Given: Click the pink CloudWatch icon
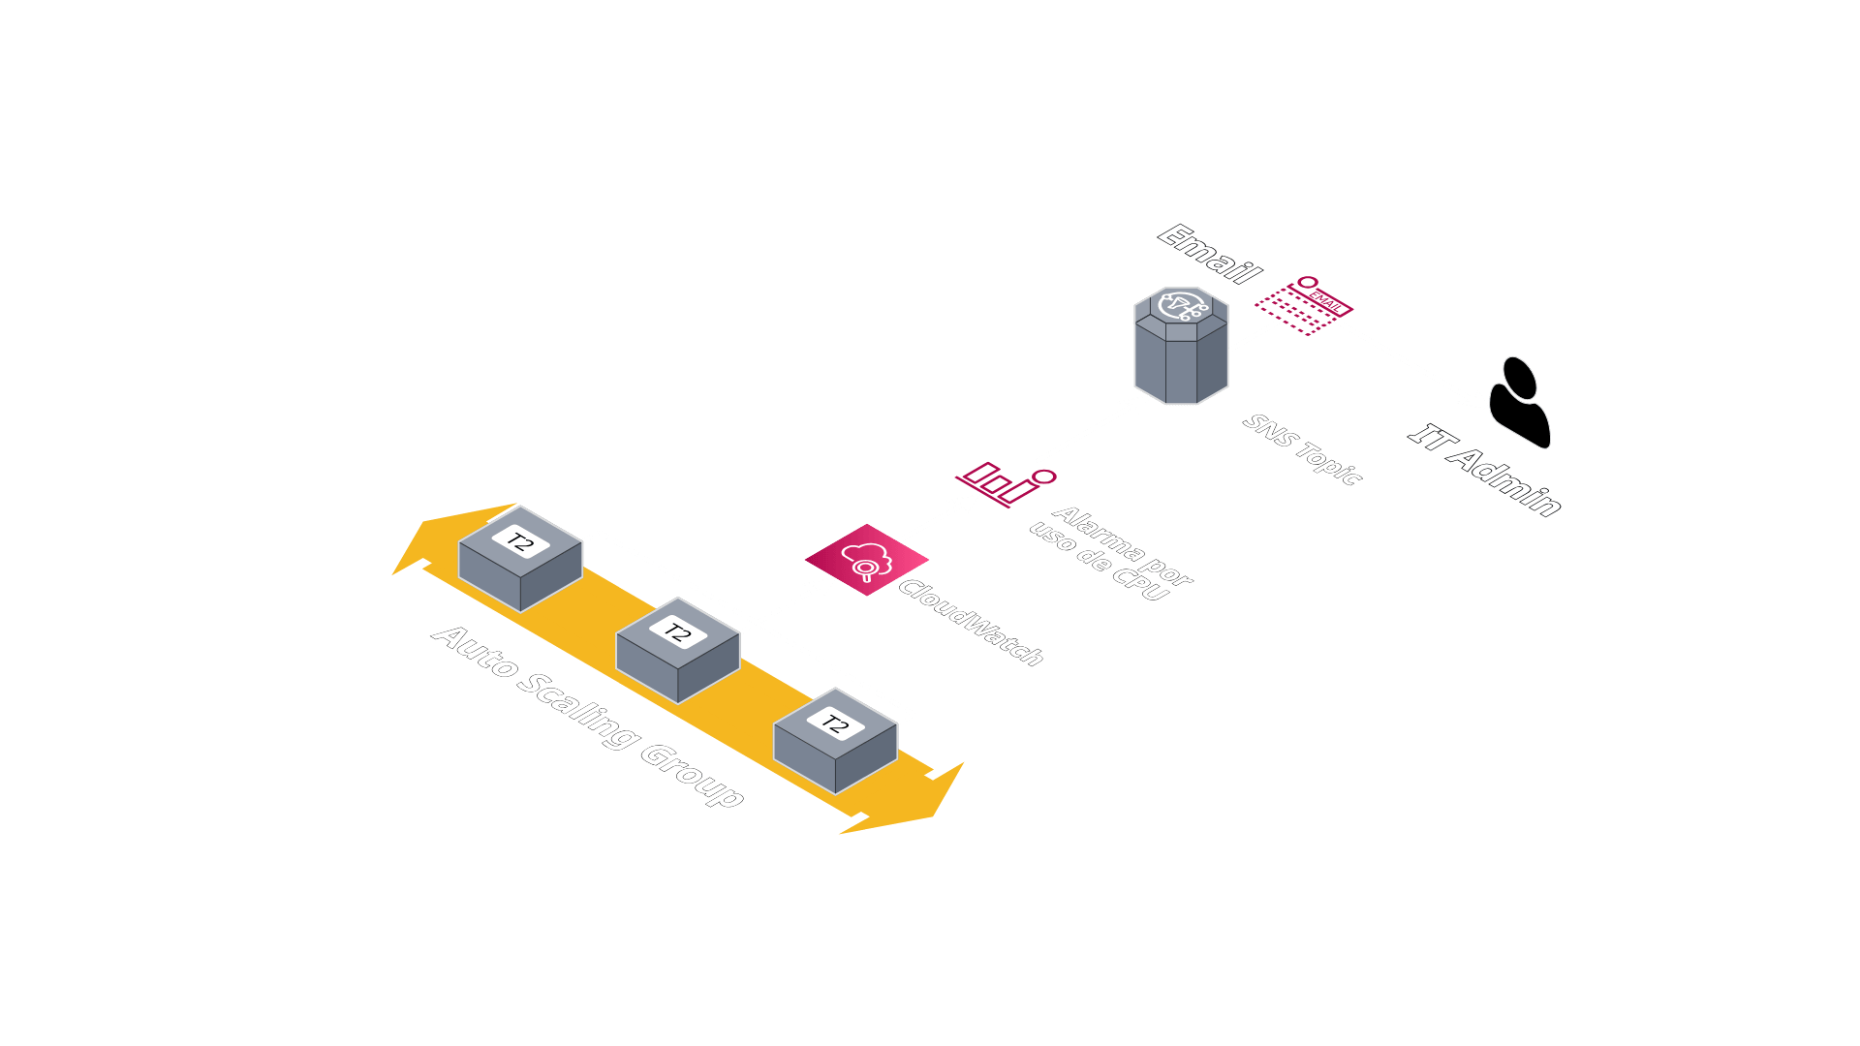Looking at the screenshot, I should (866, 560).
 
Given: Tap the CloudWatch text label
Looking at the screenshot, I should (971, 623).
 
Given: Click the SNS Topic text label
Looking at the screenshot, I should (1303, 448).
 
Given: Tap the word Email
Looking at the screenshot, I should (1210, 254).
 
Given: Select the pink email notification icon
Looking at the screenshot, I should (1305, 305).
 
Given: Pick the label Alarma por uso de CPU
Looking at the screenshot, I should (1110, 553).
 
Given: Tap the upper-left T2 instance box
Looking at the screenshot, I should (520, 559).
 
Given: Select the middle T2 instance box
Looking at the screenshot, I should (678, 650).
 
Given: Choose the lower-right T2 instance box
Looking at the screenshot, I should (835, 741).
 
